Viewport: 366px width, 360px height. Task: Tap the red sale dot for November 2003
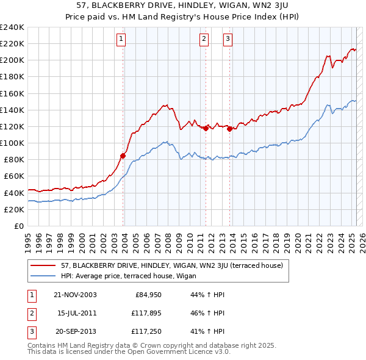click(123, 156)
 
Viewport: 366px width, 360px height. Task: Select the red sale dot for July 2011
click(206, 128)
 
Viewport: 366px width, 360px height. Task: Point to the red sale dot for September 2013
click(229, 129)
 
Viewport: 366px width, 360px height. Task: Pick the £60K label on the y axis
click(13, 176)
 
